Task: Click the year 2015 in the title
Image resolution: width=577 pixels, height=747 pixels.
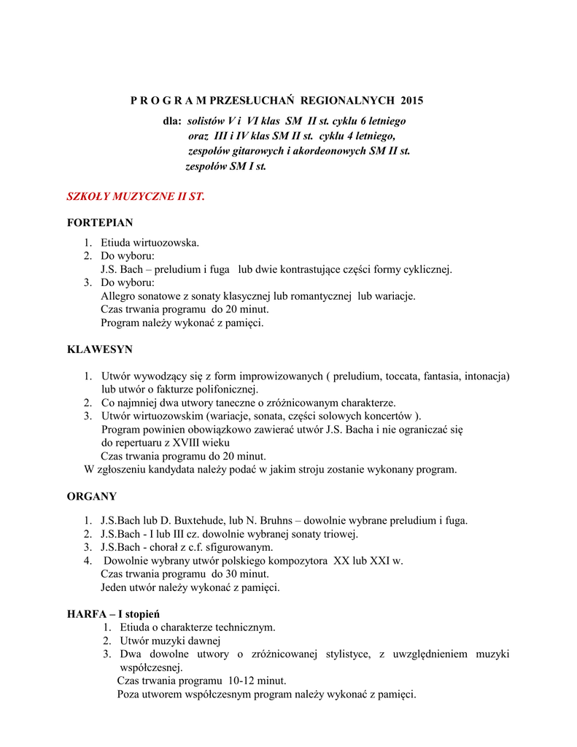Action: pyautogui.click(x=411, y=100)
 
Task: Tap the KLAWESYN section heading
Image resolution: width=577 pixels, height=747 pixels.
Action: pyautogui.click(x=100, y=349)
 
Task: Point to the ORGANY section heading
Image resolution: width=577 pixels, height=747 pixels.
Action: pyautogui.click(x=92, y=496)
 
